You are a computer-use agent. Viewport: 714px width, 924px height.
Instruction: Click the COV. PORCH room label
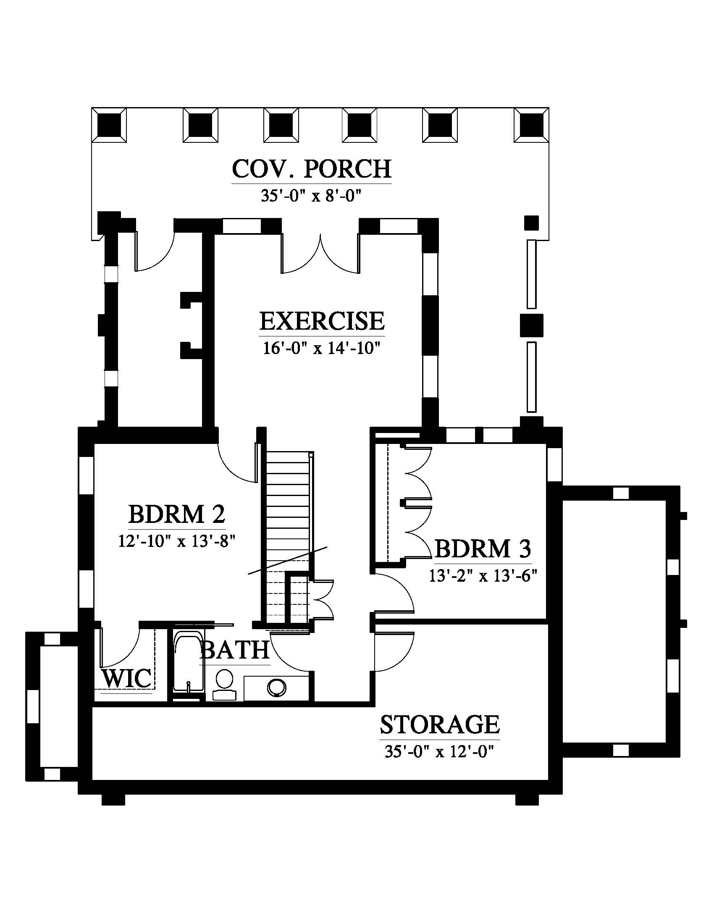click(x=312, y=169)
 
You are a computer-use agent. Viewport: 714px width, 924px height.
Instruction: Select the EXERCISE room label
click(x=322, y=321)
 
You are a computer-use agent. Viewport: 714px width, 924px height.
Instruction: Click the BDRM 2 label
click(x=177, y=514)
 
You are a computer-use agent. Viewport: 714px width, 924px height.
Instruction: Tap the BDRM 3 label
click(x=483, y=549)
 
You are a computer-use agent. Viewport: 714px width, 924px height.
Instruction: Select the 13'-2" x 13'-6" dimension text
click(x=483, y=576)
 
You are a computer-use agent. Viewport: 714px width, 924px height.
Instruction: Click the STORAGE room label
click(x=440, y=725)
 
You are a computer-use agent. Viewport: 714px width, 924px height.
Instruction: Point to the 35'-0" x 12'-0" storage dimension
click(x=440, y=752)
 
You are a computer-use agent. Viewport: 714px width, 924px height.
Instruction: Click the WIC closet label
click(x=127, y=679)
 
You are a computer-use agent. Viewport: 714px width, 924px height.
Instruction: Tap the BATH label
click(x=235, y=650)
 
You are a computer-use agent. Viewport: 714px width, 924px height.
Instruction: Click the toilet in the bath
click(x=224, y=682)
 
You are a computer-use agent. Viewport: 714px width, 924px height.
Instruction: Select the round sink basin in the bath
click(x=276, y=688)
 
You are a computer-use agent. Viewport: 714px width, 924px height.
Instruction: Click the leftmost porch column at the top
click(x=110, y=125)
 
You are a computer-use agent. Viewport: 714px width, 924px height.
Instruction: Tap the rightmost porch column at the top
click(x=531, y=125)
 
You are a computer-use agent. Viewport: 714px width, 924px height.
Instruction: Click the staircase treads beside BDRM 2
click(x=288, y=508)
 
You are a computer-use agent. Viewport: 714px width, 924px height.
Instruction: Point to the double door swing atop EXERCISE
click(x=320, y=254)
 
